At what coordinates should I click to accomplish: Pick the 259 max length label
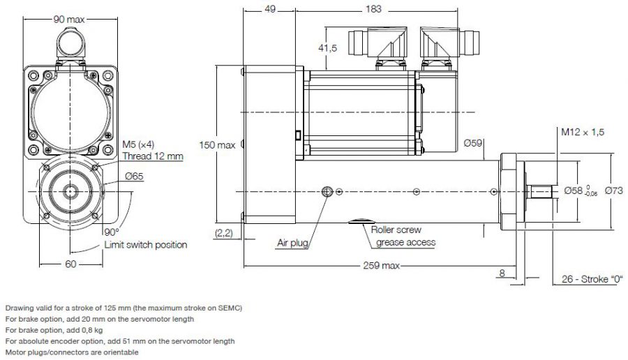point(382,265)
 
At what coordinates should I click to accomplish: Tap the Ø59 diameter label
point(473,144)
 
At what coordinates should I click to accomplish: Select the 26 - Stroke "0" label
point(592,280)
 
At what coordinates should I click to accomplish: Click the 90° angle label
point(112,232)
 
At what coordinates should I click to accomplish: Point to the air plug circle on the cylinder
point(327,191)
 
